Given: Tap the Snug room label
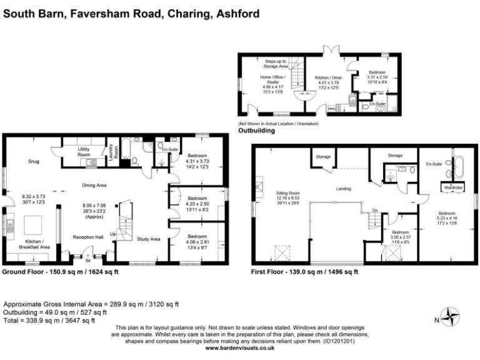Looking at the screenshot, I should tap(33, 161).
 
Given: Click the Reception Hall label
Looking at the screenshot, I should tap(87, 237).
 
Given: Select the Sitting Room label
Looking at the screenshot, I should tap(288, 194).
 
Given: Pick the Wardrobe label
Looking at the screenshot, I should tap(452, 187).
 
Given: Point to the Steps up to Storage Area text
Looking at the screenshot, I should tap(276, 63).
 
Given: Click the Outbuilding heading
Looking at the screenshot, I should tap(256, 131).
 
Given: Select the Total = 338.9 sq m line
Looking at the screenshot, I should tap(49, 321).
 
